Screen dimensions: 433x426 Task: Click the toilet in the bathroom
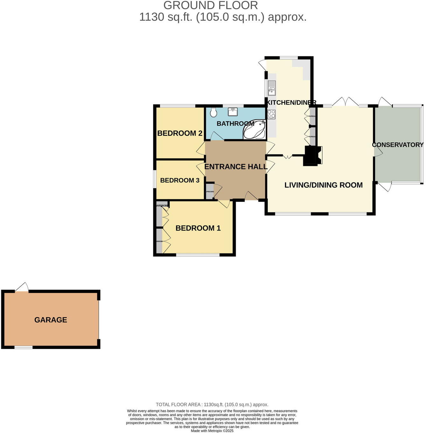[213, 112]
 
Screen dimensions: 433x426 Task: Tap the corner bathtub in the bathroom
[255, 130]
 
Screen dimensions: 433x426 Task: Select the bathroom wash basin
[233, 112]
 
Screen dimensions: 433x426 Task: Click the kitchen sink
[272, 88]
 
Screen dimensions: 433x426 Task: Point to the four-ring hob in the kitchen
[271, 114]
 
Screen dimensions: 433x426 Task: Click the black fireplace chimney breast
[311, 156]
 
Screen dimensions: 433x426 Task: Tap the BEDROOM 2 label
[180, 133]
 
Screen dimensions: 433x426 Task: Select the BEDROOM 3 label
[180, 181]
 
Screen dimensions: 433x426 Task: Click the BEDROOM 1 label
[198, 228]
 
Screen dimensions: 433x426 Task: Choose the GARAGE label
[51, 320]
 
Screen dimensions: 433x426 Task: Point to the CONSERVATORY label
[398, 145]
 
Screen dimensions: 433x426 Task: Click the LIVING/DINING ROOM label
[323, 185]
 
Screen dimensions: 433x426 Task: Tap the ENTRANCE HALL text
[236, 167]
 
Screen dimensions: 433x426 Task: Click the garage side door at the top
[22, 288]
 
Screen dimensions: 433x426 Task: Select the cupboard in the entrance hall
[209, 192]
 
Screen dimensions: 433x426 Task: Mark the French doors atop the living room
[345, 102]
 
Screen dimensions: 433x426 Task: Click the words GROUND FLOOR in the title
[211, 5]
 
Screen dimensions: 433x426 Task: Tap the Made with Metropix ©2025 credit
[212, 431]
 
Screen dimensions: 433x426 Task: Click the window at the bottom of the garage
[23, 347]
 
